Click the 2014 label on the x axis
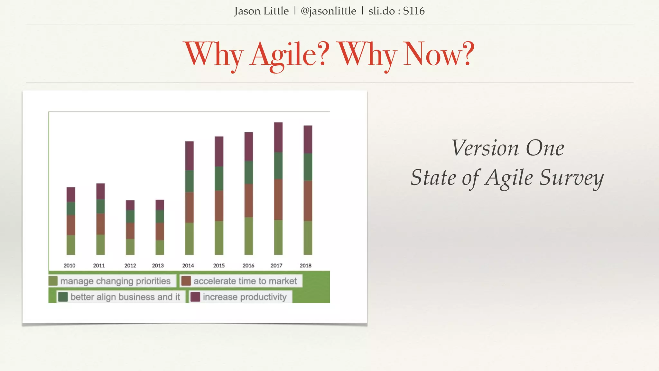point(188,266)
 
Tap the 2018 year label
point(305,266)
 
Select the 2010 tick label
point(69,266)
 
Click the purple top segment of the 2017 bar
point(278,137)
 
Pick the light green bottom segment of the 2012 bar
point(130,247)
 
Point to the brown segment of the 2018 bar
point(308,201)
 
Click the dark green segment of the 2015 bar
point(219,178)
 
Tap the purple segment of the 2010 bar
point(71,194)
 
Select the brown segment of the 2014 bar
point(190,207)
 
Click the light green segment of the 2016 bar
point(249,236)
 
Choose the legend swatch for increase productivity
point(195,297)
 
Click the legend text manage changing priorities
point(115,281)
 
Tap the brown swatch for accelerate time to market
point(186,281)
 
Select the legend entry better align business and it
point(125,297)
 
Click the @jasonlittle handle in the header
point(328,11)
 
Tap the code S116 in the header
point(414,11)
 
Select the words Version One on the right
point(507,148)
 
